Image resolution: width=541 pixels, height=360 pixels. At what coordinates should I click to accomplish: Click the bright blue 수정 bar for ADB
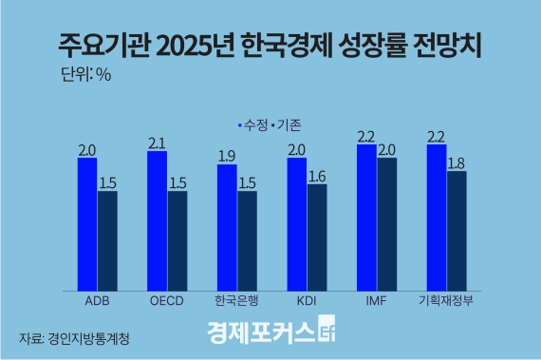[x=87, y=223]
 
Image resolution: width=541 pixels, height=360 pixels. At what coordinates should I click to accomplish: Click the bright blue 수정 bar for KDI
[x=296, y=223]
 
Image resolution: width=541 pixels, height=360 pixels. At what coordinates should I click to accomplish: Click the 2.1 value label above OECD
[x=158, y=143]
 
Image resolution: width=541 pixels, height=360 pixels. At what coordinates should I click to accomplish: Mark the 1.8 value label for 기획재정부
[x=457, y=163]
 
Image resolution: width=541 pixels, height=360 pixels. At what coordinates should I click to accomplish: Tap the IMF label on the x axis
[x=377, y=302]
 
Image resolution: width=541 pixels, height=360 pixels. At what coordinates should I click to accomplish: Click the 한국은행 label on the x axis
[x=237, y=302]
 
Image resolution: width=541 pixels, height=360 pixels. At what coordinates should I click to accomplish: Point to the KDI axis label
[x=307, y=302]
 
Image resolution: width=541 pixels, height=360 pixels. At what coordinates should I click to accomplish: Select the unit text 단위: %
[x=85, y=75]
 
